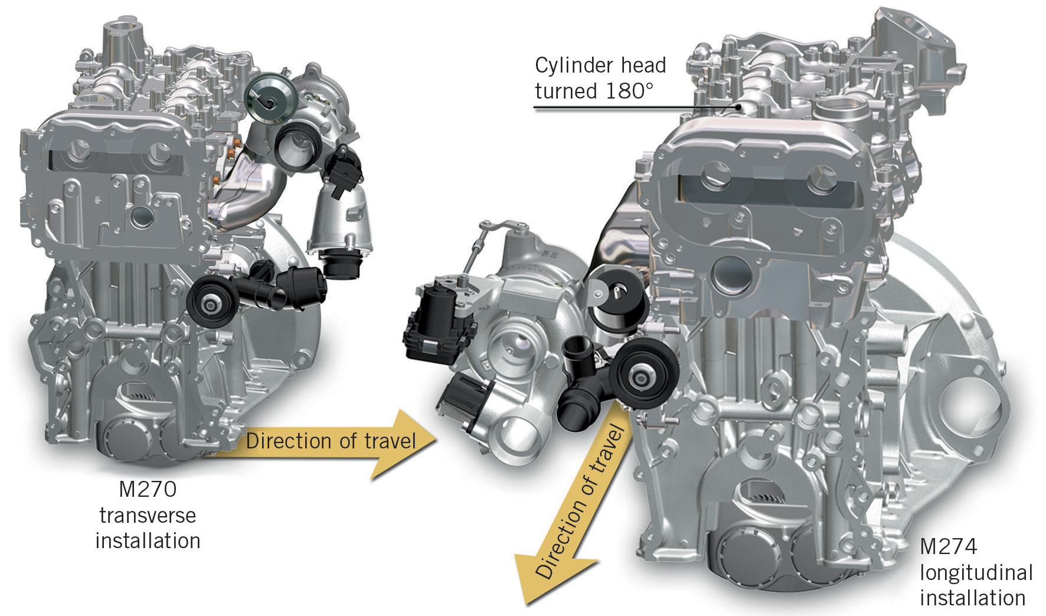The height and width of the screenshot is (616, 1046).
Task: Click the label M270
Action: [148, 490]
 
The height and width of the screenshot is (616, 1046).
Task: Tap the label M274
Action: [948, 547]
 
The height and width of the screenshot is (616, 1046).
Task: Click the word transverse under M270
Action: [148, 516]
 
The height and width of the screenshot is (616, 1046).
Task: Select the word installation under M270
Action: [148, 540]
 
